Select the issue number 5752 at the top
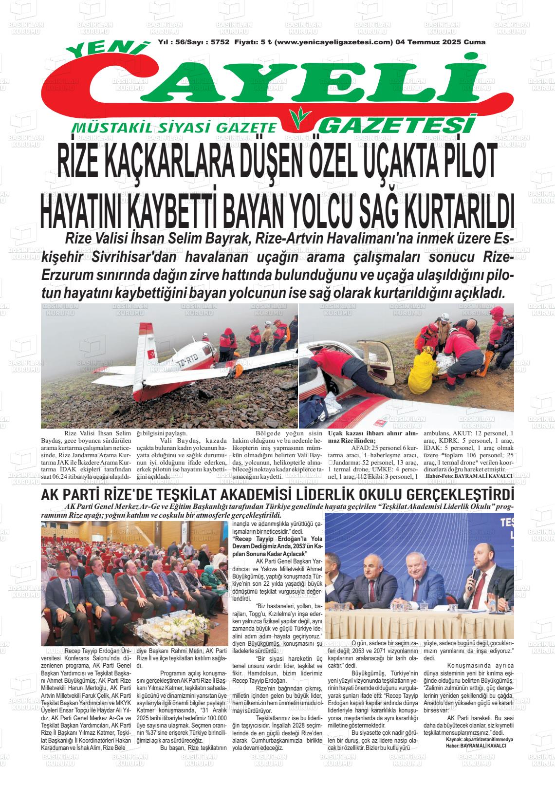click(x=220, y=42)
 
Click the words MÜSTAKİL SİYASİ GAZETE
click(x=174, y=128)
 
